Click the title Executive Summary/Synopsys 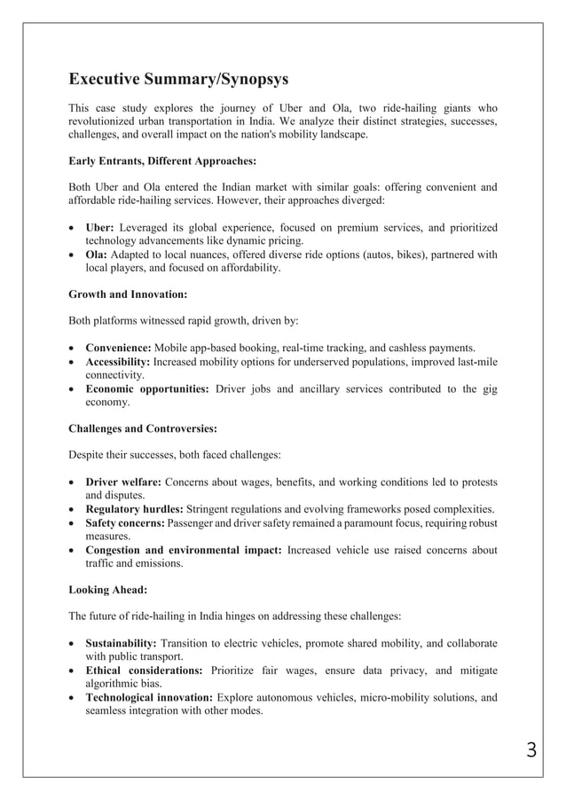tap(177, 80)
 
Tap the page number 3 tap(531, 750)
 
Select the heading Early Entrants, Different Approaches tap(162, 161)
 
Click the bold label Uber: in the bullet tap(100, 227)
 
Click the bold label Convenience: tap(119, 347)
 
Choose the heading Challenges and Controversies tap(143, 428)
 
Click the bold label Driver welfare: tap(122, 482)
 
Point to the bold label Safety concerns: tap(127, 523)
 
